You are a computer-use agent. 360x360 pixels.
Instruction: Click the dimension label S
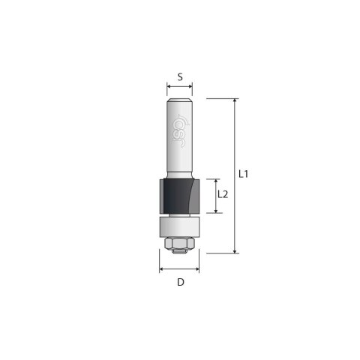point(180,76)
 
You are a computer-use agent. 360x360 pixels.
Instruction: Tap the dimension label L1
point(244,174)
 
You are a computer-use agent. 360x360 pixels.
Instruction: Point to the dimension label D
point(180,283)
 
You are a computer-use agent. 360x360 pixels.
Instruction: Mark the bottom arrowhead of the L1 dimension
point(235,251)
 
